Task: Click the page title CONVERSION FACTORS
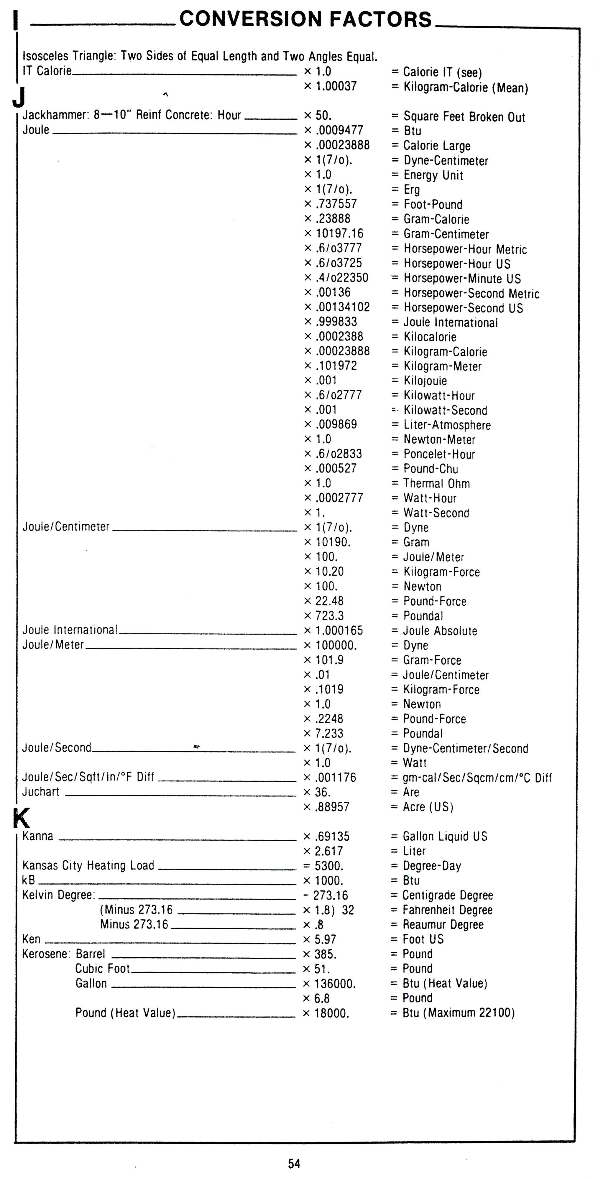point(305,19)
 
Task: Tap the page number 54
point(294,1163)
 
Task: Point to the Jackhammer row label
point(132,115)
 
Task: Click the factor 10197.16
point(339,233)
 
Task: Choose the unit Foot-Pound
point(433,204)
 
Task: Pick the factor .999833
point(336,322)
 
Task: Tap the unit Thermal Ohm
point(436,483)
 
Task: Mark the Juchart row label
point(41,792)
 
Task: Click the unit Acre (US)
point(428,807)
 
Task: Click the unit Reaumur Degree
point(443,925)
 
